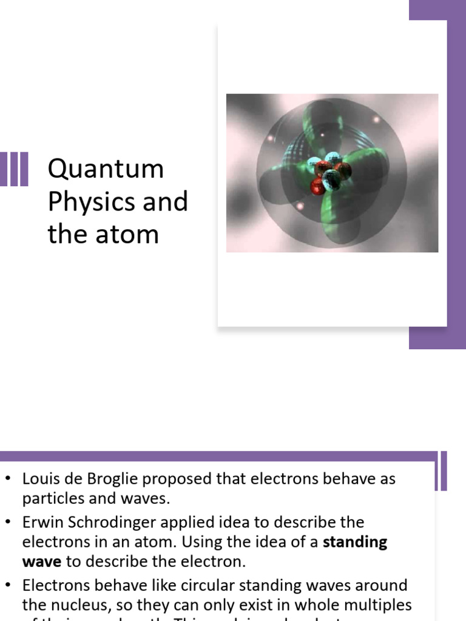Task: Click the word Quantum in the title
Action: [x=106, y=169]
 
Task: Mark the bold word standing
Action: [x=355, y=542]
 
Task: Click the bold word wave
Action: [x=41, y=562]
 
